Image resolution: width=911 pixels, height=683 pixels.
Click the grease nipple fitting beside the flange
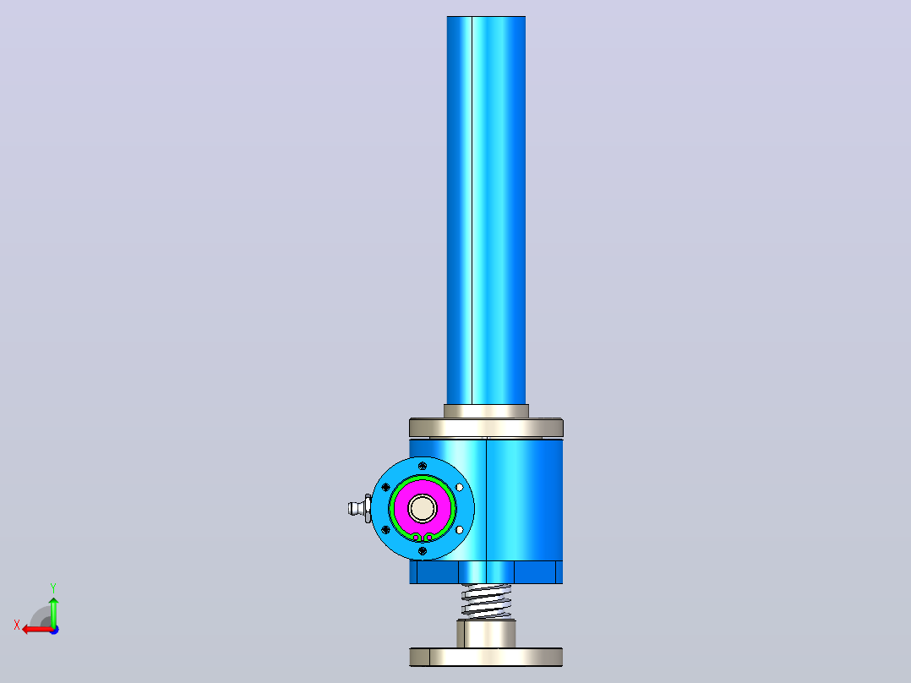360,509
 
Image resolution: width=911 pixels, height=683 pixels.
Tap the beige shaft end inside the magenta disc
423,509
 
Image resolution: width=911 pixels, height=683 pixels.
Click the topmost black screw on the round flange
423,466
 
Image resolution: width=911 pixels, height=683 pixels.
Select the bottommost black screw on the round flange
423,551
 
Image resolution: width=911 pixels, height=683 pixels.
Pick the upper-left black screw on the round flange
385,487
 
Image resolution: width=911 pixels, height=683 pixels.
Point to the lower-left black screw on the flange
385,529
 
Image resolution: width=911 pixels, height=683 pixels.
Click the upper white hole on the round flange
460,487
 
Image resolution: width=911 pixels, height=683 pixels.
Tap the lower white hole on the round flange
460,529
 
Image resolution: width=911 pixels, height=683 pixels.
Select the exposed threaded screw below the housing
486,601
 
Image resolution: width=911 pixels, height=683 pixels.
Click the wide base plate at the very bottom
486,657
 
